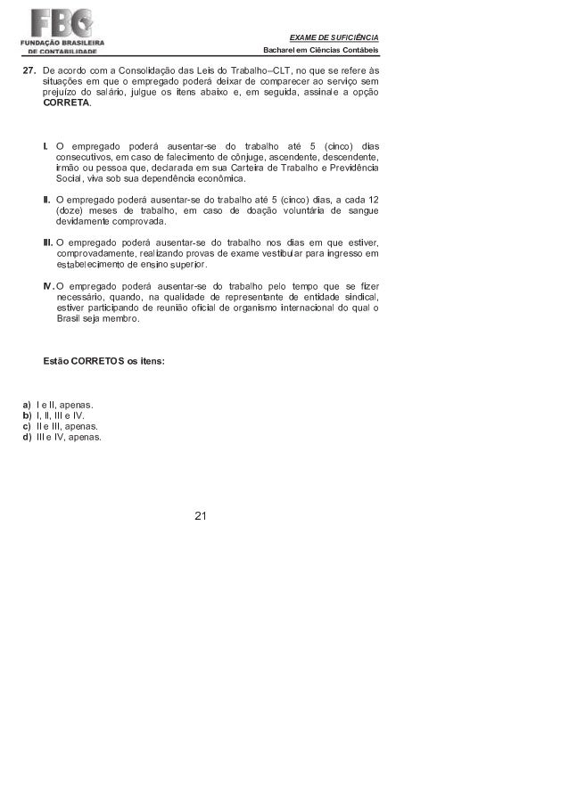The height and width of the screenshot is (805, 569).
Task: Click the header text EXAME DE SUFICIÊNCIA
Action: click(x=334, y=36)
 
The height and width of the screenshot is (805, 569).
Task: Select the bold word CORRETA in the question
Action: click(x=66, y=103)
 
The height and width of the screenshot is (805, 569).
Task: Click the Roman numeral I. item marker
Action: click(x=46, y=146)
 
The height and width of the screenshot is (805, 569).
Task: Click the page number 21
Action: click(x=200, y=515)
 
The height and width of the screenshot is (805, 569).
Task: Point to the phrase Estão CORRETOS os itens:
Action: click(x=103, y=362)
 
